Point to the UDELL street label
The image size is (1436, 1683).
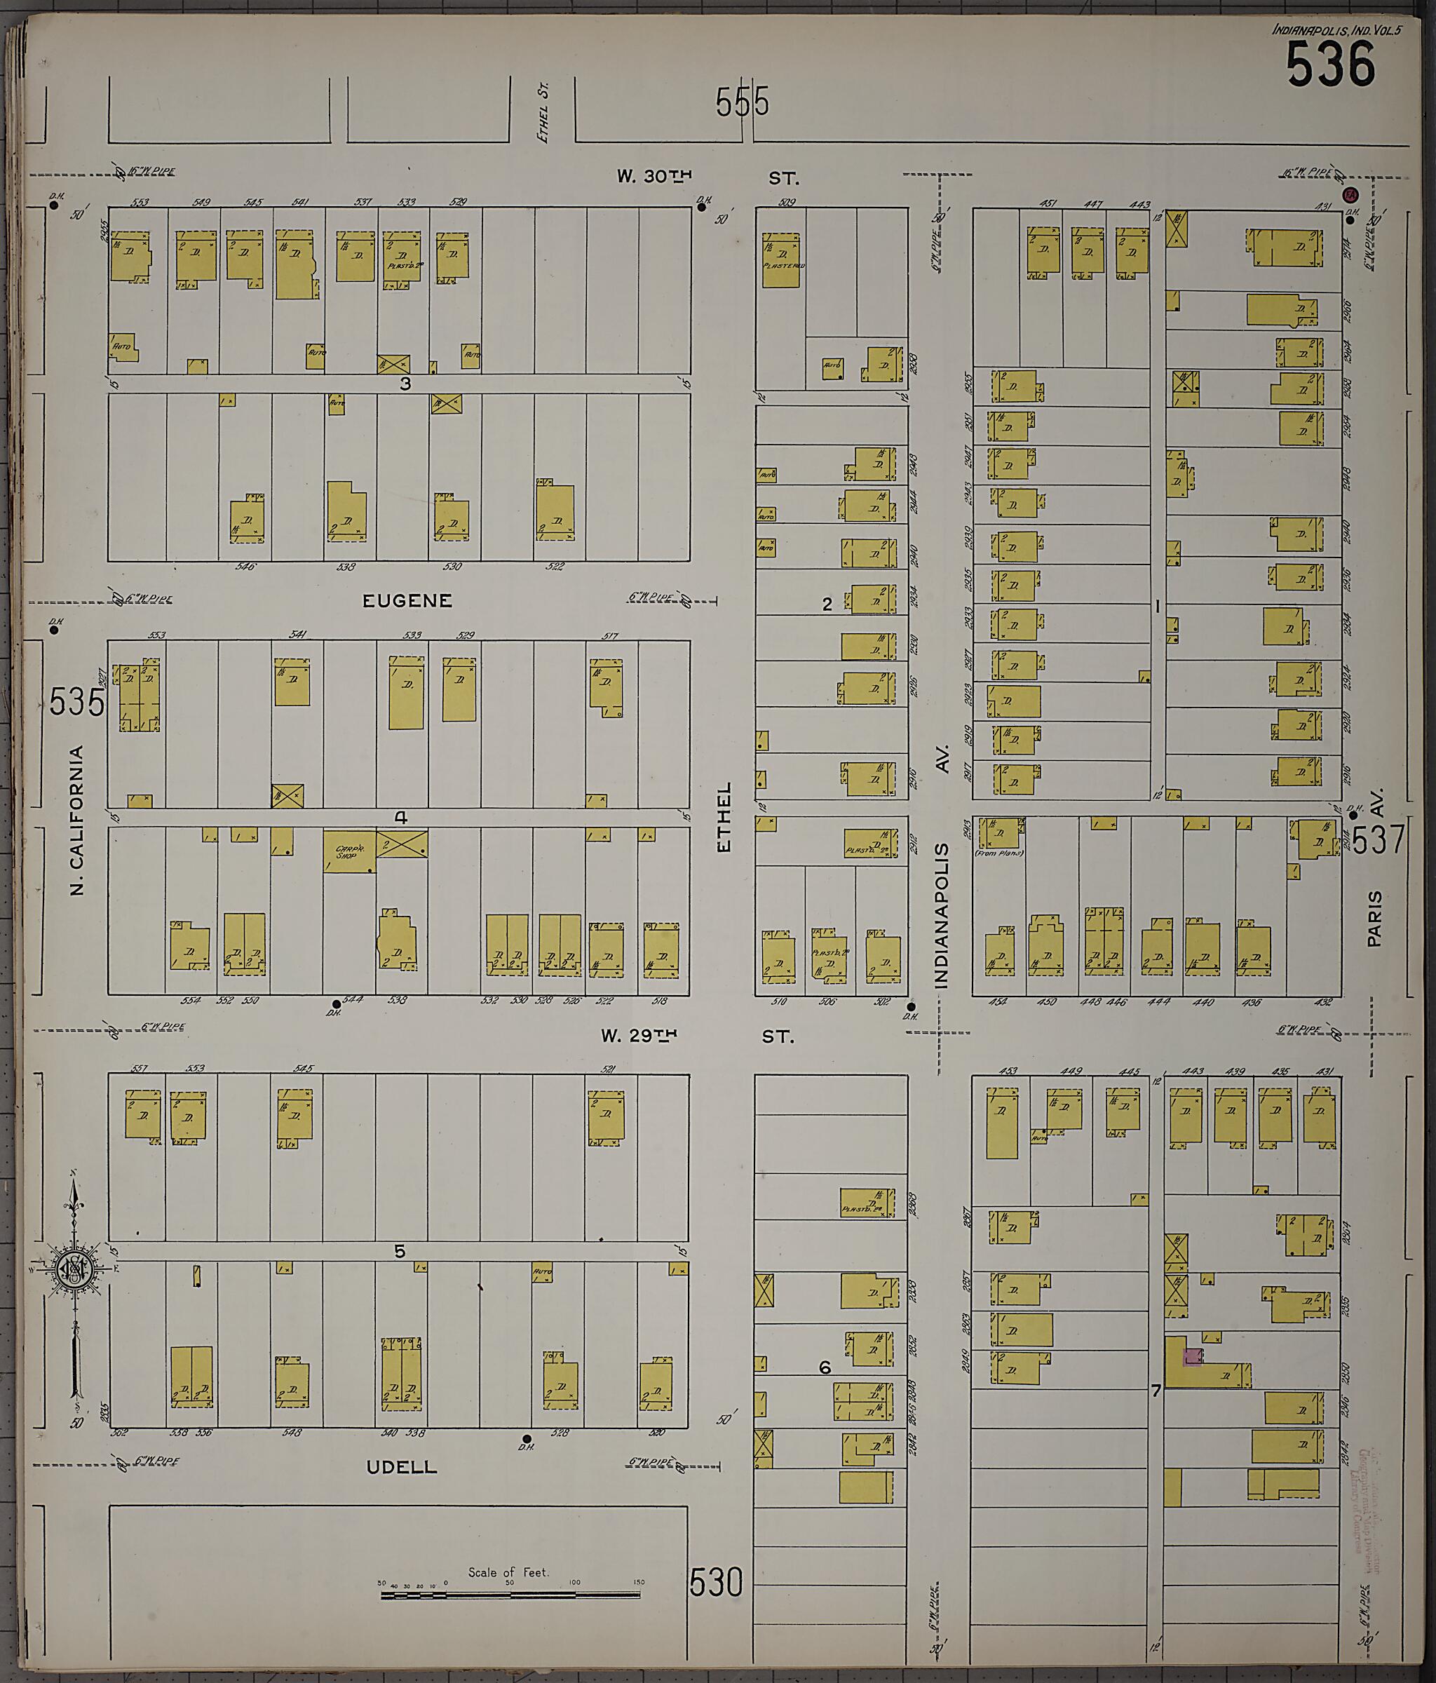click(401, 1467)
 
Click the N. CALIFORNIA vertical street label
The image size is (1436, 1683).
click(77, 820)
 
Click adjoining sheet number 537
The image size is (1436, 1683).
click(1379, 839)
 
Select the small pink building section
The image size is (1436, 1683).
click(1192, 1356)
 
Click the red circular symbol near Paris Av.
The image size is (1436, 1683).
click(1350, 195)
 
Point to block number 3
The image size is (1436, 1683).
click(405, 384)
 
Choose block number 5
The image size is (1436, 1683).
click(399, 1252)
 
